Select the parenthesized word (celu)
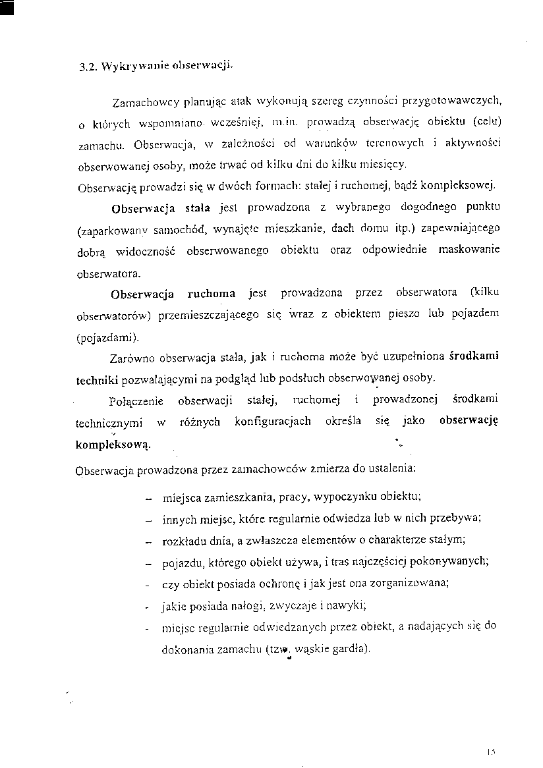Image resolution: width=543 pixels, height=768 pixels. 483,123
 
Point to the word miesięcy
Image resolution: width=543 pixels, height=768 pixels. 393,163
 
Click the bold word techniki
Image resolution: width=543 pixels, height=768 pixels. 97,380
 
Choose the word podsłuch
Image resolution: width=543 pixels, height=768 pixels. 266,379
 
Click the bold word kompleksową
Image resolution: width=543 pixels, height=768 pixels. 113,443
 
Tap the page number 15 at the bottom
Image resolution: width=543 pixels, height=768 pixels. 491,750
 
